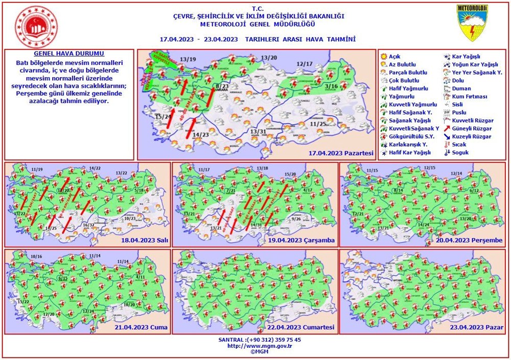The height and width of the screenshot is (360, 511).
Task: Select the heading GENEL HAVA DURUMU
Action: click(69, 54)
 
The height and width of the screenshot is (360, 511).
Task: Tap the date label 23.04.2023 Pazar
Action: click(478, 327)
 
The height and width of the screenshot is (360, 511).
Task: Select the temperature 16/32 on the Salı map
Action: click(89, 225)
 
